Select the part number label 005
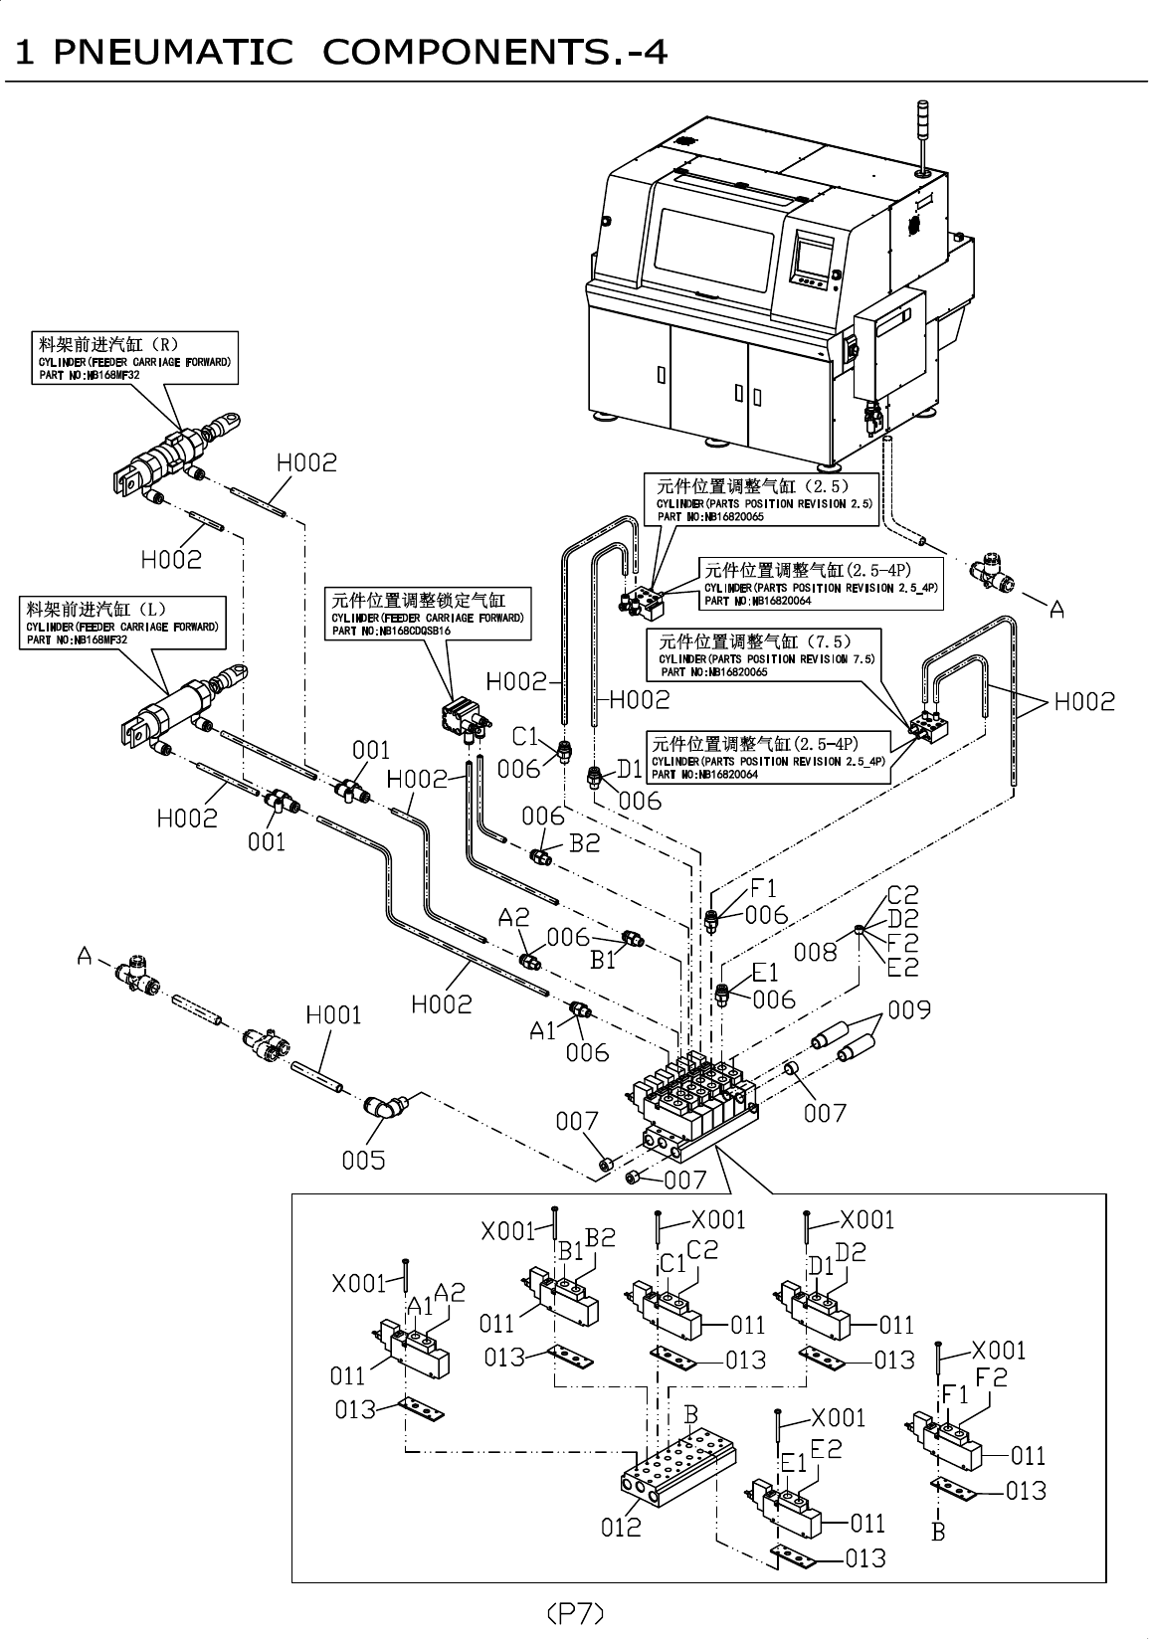click(x=363, y=1160)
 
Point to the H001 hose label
click(x=333, y=1015)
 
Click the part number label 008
click(x=816, y=953)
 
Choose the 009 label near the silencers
click(x=909, y=1010)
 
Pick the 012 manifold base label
click(x=621, y=1527)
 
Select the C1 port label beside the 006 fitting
click(x=524, y=737)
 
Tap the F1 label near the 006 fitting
click(x=763, y=888)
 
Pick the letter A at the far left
click(x=87, y=957)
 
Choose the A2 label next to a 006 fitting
click(x=513, y=917)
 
